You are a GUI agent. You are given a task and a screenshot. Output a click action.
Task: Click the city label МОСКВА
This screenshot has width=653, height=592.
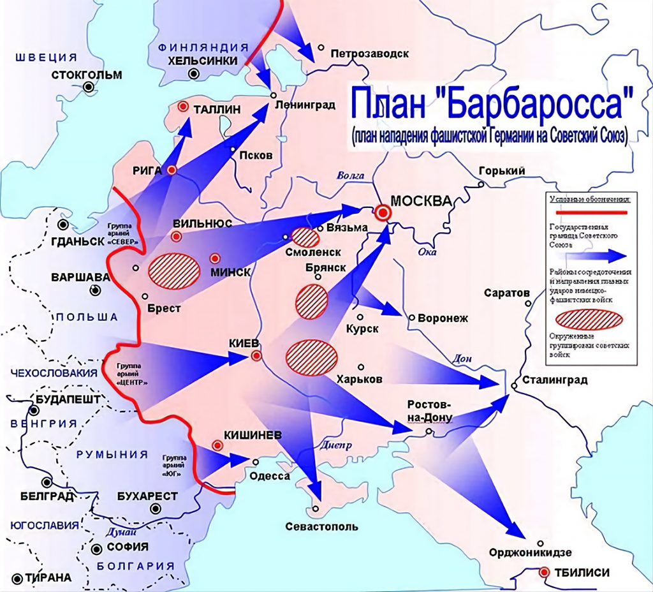(421, 200)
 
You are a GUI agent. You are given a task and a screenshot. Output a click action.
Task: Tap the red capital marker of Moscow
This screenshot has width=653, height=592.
(383, 213)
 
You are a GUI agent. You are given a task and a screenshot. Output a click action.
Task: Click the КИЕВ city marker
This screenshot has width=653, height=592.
(256, 356)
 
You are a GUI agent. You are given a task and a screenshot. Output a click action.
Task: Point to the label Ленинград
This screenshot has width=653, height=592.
(305, 105)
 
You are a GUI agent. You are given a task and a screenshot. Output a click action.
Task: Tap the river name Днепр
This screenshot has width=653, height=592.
(333, 446)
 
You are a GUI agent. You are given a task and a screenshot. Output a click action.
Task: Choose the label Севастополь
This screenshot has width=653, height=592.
(321, 526)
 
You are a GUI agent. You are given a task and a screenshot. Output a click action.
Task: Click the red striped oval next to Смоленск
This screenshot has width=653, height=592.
(305, 237)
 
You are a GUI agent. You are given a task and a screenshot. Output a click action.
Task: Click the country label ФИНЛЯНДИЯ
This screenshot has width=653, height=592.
(203, 48)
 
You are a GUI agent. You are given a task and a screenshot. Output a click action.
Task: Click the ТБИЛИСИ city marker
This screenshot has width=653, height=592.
(544, 572)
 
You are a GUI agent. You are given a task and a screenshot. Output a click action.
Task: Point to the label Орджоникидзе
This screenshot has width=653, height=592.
(530, 552)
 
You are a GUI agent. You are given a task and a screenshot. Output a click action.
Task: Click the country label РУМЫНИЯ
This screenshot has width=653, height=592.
(112, 454)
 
